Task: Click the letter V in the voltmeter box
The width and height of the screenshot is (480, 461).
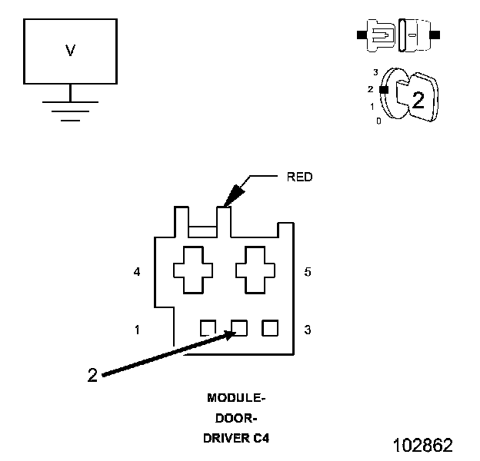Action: tap(71, 51)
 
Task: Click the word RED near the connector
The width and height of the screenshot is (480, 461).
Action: tap(300, 177)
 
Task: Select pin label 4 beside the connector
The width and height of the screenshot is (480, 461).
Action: tap(137, 271)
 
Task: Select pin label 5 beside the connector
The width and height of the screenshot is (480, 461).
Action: tap(308, 272)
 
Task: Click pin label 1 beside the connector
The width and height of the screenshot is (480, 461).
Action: tap(137, 330)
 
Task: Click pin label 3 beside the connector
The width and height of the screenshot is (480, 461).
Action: tap(308, 330)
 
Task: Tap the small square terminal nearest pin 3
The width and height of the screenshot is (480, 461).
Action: tap(270, 328)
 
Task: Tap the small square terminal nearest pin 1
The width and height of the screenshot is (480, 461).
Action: tap(208, 328)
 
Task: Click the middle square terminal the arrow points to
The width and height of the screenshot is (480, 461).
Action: tap(239, 328)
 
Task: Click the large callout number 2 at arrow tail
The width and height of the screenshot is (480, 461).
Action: tap(92, 375)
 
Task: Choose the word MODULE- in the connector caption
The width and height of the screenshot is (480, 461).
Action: tap(236, 398)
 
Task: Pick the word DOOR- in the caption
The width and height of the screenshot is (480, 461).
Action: tap(236, 418)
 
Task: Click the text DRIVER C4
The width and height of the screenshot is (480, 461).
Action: tap(236, 439)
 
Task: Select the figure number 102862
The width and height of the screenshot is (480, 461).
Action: tap(423, 445)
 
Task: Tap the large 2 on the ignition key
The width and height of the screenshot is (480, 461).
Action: tap(418, 100)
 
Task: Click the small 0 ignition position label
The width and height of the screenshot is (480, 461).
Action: tap(378, 121)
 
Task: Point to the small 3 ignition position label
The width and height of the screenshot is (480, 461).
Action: tap(375, 72)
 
